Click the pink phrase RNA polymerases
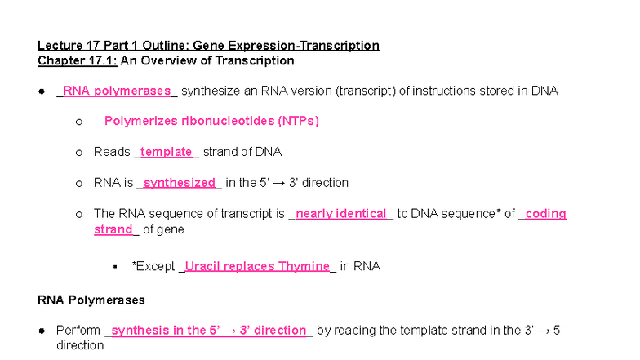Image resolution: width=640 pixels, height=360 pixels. (x=117, y=91)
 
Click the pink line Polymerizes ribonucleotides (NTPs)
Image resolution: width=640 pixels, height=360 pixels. (x=211, y=121)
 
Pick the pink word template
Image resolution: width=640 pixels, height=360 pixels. (x=166, y=152)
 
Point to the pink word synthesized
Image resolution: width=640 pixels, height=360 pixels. (x=179, y=183)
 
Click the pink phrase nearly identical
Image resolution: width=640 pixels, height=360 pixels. (x=340, y=214)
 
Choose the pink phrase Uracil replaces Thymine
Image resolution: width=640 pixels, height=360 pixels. (x=256, y=266)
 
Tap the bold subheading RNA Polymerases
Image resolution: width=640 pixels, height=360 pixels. (x=91, y=300)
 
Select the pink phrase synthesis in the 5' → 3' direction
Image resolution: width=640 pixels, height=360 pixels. (x=208, y=331)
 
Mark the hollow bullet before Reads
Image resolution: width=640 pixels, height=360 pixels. (x=78, y=153)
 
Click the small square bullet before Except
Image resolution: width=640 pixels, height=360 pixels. (x=116, y=267)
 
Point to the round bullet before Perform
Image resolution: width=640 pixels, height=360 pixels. (x=42, y=331)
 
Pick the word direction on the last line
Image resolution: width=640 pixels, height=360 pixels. (x=80, y=345)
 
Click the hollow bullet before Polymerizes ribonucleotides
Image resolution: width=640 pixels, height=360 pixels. (x=78, y=122)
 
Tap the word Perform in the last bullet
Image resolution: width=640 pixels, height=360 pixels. (x=78, y=331)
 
